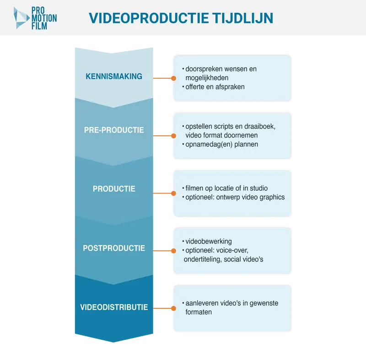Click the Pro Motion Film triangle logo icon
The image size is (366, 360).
[x=21, y=18]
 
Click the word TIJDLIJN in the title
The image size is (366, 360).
[x=242, y=18]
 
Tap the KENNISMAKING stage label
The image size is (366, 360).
[x=114, y=76]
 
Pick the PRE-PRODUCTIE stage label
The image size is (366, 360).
[x=114, y=130]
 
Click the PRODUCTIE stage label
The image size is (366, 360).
[x=114, y=189]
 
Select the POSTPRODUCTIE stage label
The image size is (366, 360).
[x=114, y=248]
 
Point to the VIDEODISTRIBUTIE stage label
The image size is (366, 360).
[x=114, y=307]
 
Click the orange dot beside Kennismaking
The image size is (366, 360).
[x=173, y=78]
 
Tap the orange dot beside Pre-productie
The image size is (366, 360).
[x=173, y=136]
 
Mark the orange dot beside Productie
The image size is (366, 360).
[x=173, y=193]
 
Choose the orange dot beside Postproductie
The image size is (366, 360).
[x=173, y=251]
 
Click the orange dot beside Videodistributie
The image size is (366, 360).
[x=173, y=308]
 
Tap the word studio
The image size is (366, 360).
[x=259, y=188]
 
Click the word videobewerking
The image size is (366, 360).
[x=209, y=241]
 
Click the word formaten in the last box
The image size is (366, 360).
[x=199, y=312]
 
